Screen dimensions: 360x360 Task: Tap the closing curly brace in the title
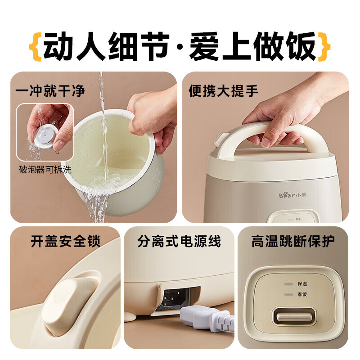(325, 46)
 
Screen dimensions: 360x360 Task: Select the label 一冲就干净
(50, 91)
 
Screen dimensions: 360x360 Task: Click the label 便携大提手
(223, 91)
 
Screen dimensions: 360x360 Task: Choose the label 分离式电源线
(179, 242)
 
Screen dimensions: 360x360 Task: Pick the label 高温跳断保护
(293, 242)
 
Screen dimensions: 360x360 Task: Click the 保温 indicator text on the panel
(302, 284)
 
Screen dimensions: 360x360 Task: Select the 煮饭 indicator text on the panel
(302, 294)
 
